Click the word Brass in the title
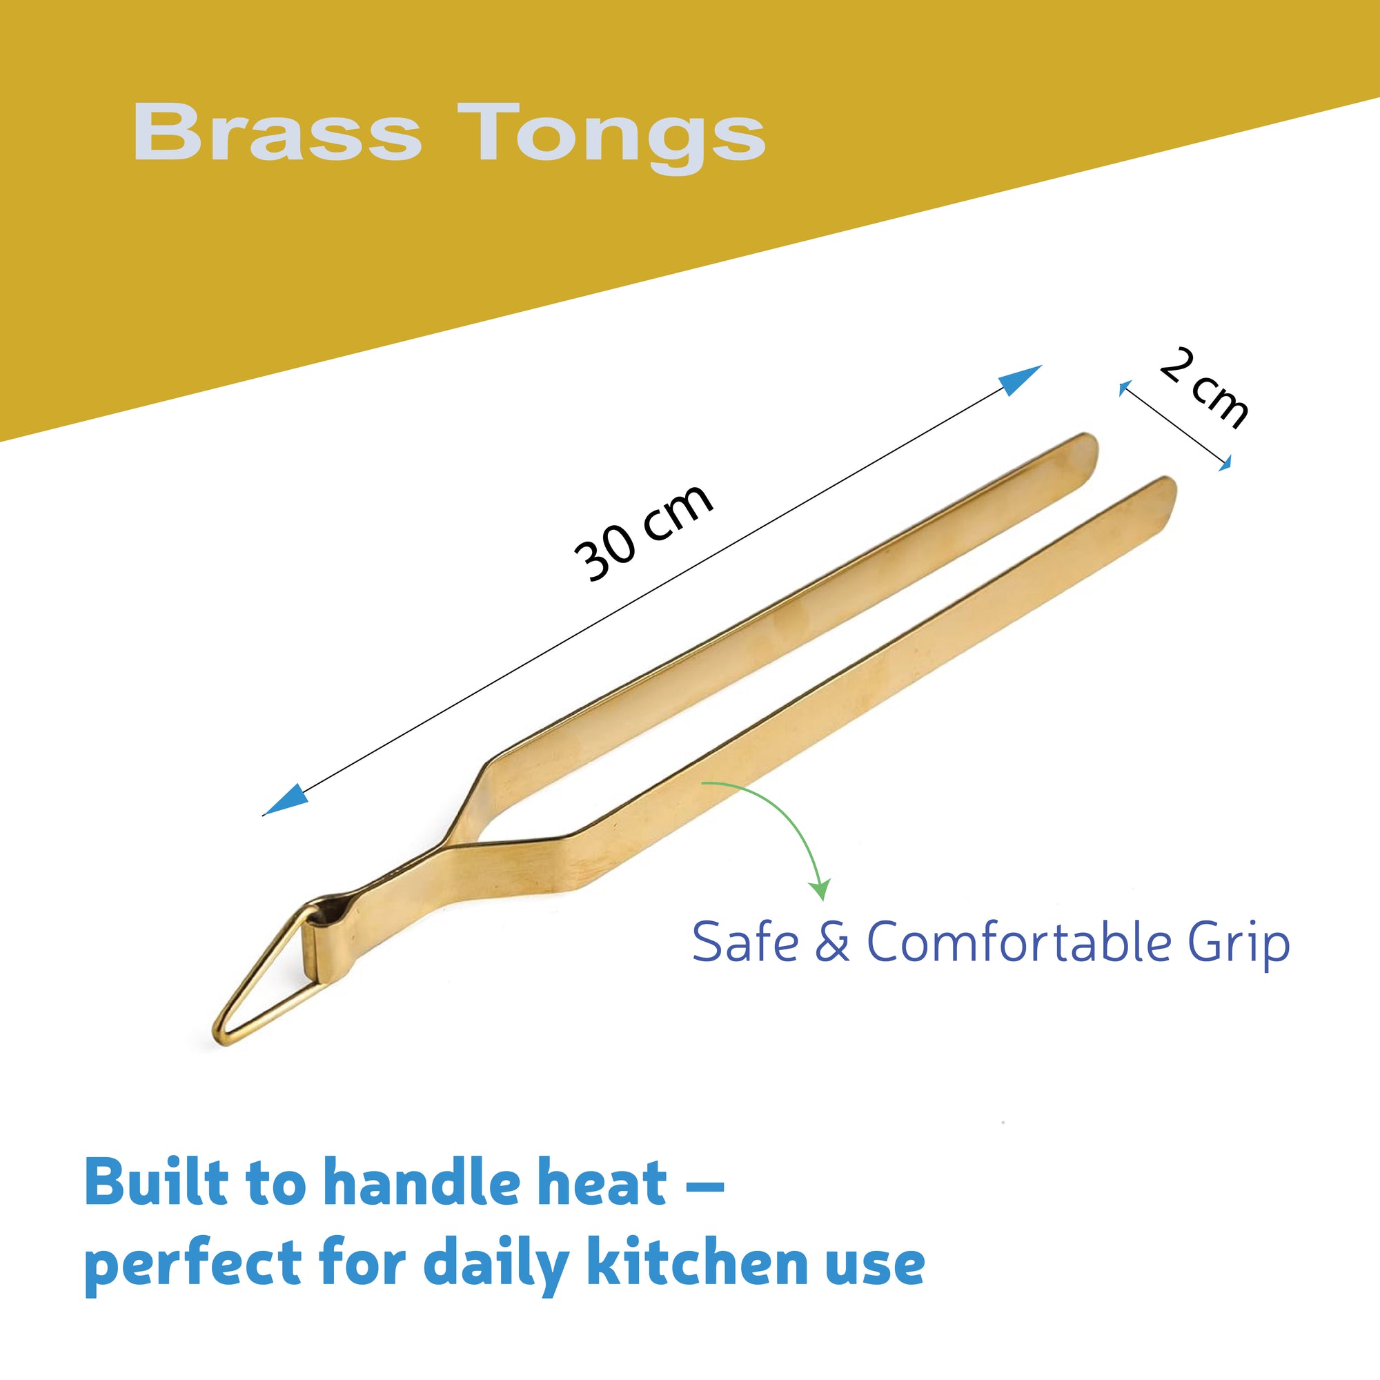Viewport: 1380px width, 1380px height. (277, 132)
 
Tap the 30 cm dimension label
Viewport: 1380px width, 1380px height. (644, 531)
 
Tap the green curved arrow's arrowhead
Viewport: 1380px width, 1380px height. (820, 890)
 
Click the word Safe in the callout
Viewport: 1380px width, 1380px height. (745, 942)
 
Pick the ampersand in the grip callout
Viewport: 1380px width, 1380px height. (833, 942)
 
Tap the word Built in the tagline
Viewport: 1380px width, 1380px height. (156, 1182)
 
